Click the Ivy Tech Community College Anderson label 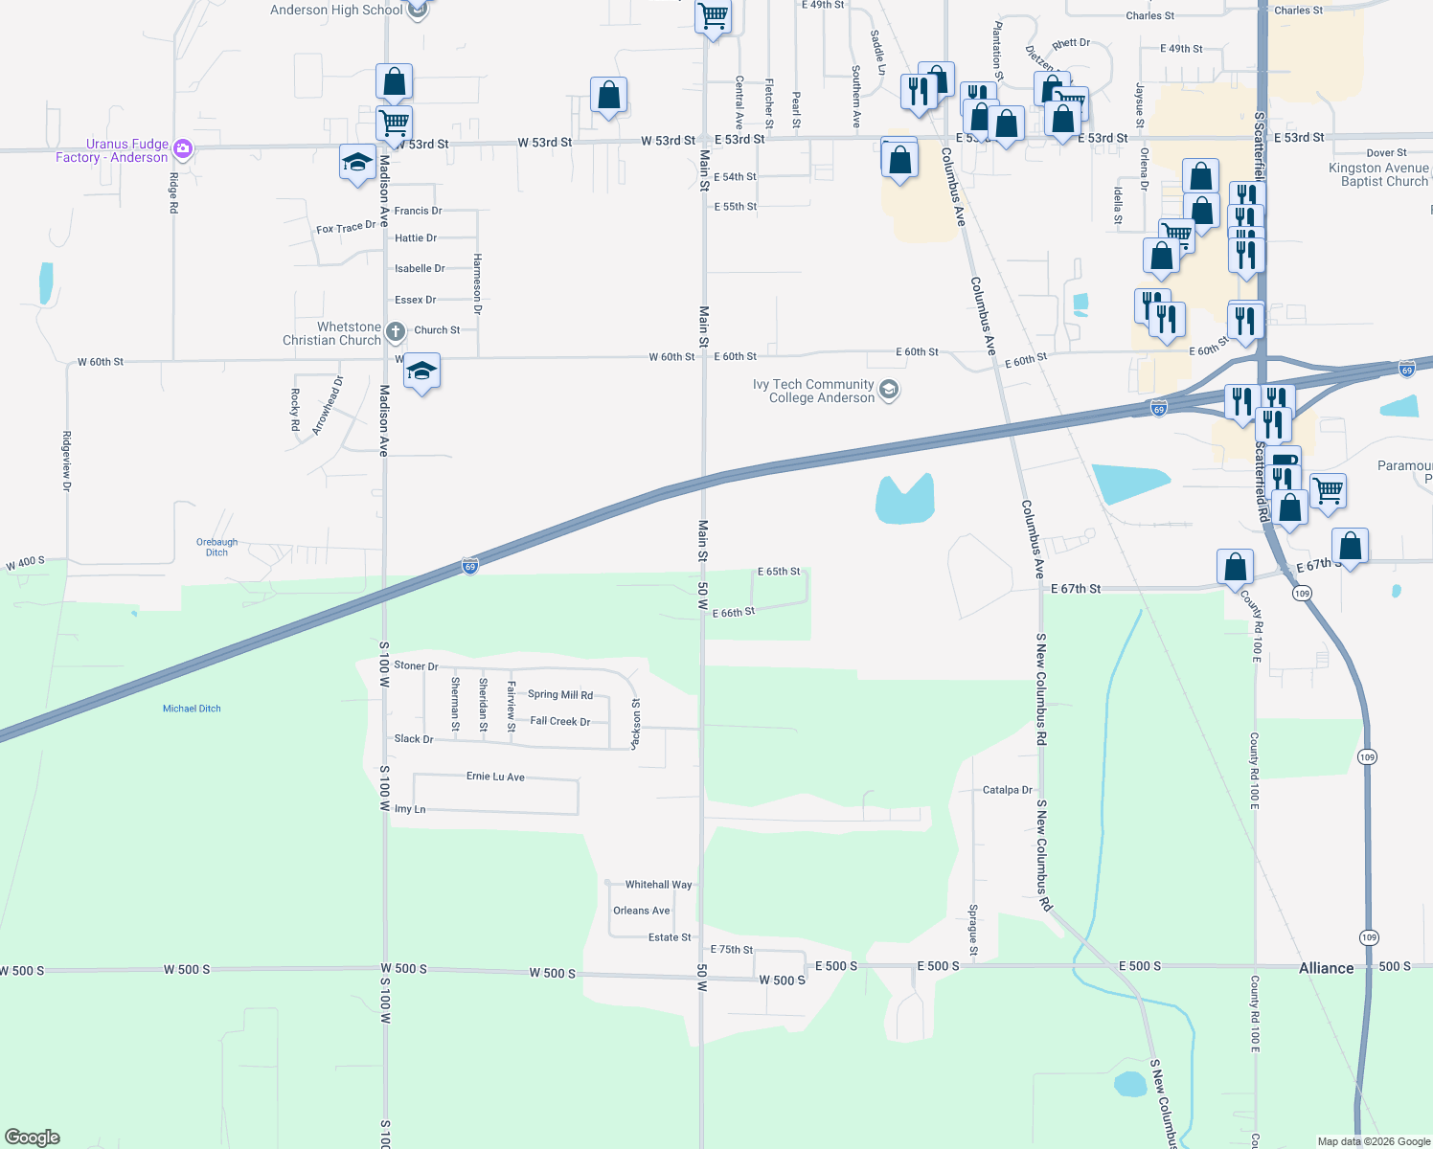(x=813, y=391)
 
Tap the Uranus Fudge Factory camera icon (x=183, y=149)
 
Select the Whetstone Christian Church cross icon (x=396, y=332)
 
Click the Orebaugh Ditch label (x=216, y=547)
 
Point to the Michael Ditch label (x=192, y=709)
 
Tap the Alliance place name (x=1326, y=968)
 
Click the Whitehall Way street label (x=658, y=885)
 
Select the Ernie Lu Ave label (x=495, y=777)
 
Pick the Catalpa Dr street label (x=1007, y=790)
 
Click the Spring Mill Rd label (x=560, y=695)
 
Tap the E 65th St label (x=779, y=572)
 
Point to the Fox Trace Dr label (x=346, y=228)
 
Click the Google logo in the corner (x=33, y=1138)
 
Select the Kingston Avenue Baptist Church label (x=1378, y=174)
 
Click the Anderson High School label (x=336, y=11)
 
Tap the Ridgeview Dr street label (x=66, y=461)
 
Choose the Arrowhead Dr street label (x=328, y=406)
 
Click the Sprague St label (x=973, y=930)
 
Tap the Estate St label (x=670, y=937)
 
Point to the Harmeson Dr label (x=477, y=284)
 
